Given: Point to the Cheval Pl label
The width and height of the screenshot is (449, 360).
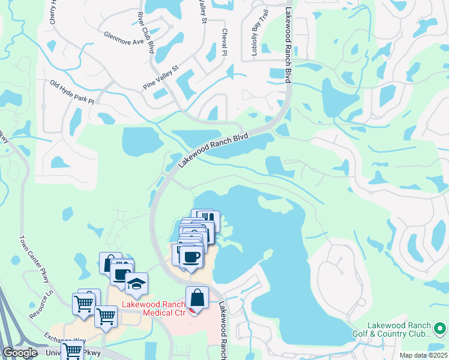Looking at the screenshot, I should click(x=224, y=42).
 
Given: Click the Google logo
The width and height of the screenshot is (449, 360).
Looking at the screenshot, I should click(x=20, y=353).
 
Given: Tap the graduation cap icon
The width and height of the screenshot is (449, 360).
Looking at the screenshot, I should click(x=136, y=283).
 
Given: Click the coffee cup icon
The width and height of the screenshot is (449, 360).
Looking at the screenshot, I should click(x=190, y=256).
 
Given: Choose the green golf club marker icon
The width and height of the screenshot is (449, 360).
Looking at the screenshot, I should click(x=439, y=328).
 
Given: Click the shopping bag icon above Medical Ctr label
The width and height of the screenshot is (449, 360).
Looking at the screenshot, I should click(x=197, y=298).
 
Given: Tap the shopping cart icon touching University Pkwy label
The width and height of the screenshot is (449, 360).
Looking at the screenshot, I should click(x=73, y=351).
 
